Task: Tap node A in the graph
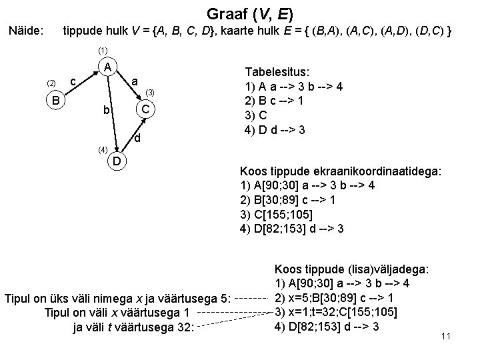(x=106, y=67)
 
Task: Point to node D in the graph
(x=116, y=161)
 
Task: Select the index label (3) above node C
(x=151, y=91)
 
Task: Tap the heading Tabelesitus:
(x=282, y=73)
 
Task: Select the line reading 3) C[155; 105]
(x=275, y=214)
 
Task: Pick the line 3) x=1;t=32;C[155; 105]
(x=337, y=312)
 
